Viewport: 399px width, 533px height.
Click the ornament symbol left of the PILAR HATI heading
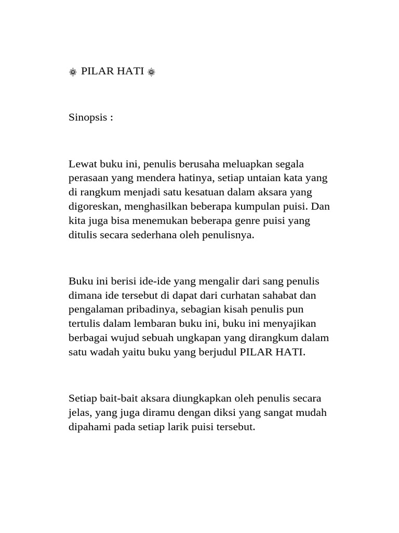[73, 72]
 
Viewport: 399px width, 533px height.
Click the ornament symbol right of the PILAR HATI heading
[151, 72]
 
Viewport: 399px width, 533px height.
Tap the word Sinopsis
[88, 118]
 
